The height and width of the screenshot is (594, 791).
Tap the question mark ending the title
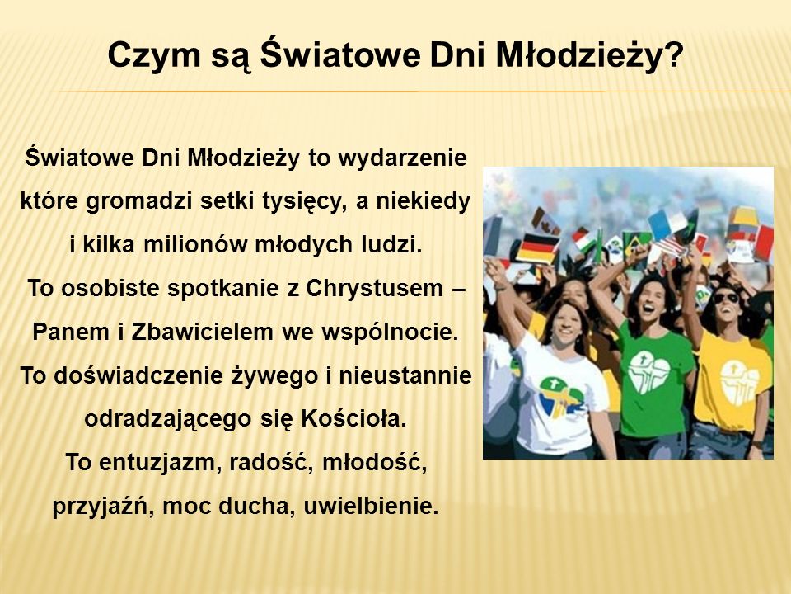pyautogui.click(x=673, y=53)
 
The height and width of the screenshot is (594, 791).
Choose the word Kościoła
pyautogui.click(x=353, y=419)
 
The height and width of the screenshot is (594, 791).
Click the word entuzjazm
pyautogui.click(x=160, y=463)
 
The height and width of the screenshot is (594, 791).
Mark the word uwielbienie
pyautogui.click(x=371, y=506)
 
